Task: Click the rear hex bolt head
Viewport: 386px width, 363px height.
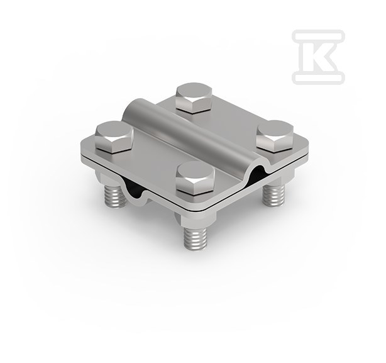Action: [194, 98]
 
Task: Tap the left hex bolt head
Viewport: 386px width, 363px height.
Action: [114, 137]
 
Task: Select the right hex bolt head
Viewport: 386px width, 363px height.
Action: [275, 136]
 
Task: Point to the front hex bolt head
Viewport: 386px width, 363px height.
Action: [196, 179]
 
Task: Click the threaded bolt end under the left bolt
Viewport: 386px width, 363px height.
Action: [116, 197]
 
